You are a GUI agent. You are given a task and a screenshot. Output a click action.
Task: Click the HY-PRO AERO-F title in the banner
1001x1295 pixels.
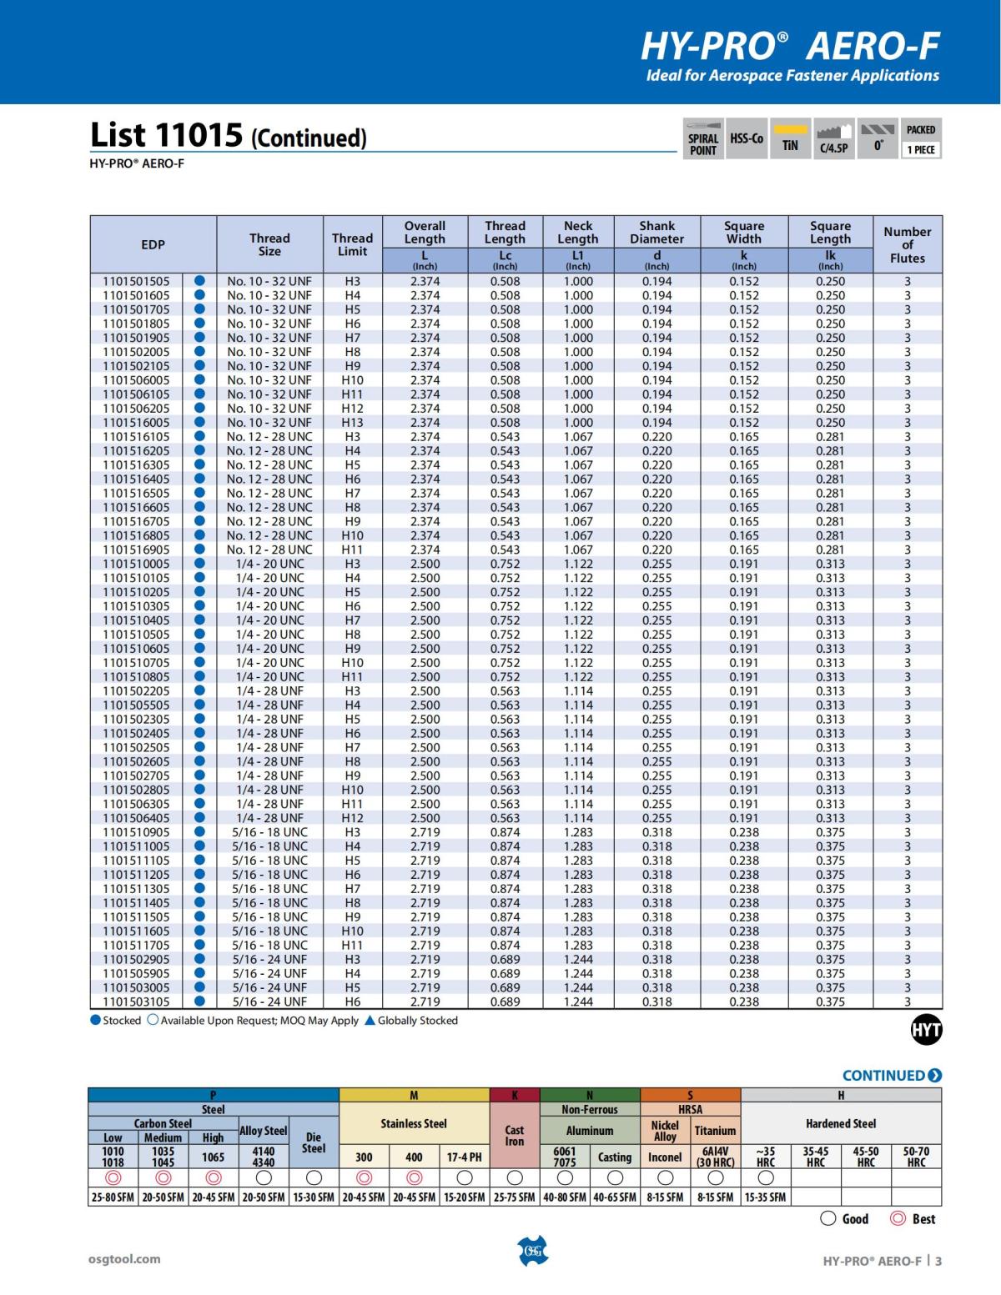pos(789,47)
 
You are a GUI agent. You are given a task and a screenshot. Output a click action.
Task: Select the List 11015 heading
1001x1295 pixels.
pos(228,135)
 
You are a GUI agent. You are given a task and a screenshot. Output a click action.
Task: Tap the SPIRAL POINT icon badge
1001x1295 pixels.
pos(702,138)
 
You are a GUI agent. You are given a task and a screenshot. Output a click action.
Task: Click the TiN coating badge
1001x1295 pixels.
pos(790,138)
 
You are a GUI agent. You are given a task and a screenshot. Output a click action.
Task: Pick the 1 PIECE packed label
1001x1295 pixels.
pos(921,150)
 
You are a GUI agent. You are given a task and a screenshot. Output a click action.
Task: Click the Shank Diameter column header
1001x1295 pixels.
pos(656,232)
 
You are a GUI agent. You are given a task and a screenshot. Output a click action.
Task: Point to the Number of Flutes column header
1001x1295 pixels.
pos(907,244)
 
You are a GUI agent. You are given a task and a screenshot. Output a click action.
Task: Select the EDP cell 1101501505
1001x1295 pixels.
pos(136,282)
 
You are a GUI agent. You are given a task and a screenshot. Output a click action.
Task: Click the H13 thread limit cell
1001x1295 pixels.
pos(352,423)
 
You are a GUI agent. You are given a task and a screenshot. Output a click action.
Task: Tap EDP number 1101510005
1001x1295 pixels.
pos(136,564)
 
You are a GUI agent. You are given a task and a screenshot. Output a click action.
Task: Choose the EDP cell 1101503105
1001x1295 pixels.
pos(136,1001)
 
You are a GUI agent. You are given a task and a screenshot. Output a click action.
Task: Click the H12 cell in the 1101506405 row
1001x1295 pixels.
pos(352,818)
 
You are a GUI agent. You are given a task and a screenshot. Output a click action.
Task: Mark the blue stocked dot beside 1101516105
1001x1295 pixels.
pos(199,437)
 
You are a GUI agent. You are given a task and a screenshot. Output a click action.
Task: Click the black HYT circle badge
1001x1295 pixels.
pos(926,1031)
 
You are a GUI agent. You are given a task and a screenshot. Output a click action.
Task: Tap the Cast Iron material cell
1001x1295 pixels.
pos(515,1136)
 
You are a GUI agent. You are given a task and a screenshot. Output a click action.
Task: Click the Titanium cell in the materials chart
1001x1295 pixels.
pos(715,1131)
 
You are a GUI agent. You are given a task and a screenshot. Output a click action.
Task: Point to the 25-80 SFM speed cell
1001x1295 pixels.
pos(113,1197)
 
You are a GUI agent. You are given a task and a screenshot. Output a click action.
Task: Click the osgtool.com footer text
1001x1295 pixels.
pos(124,1259)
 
